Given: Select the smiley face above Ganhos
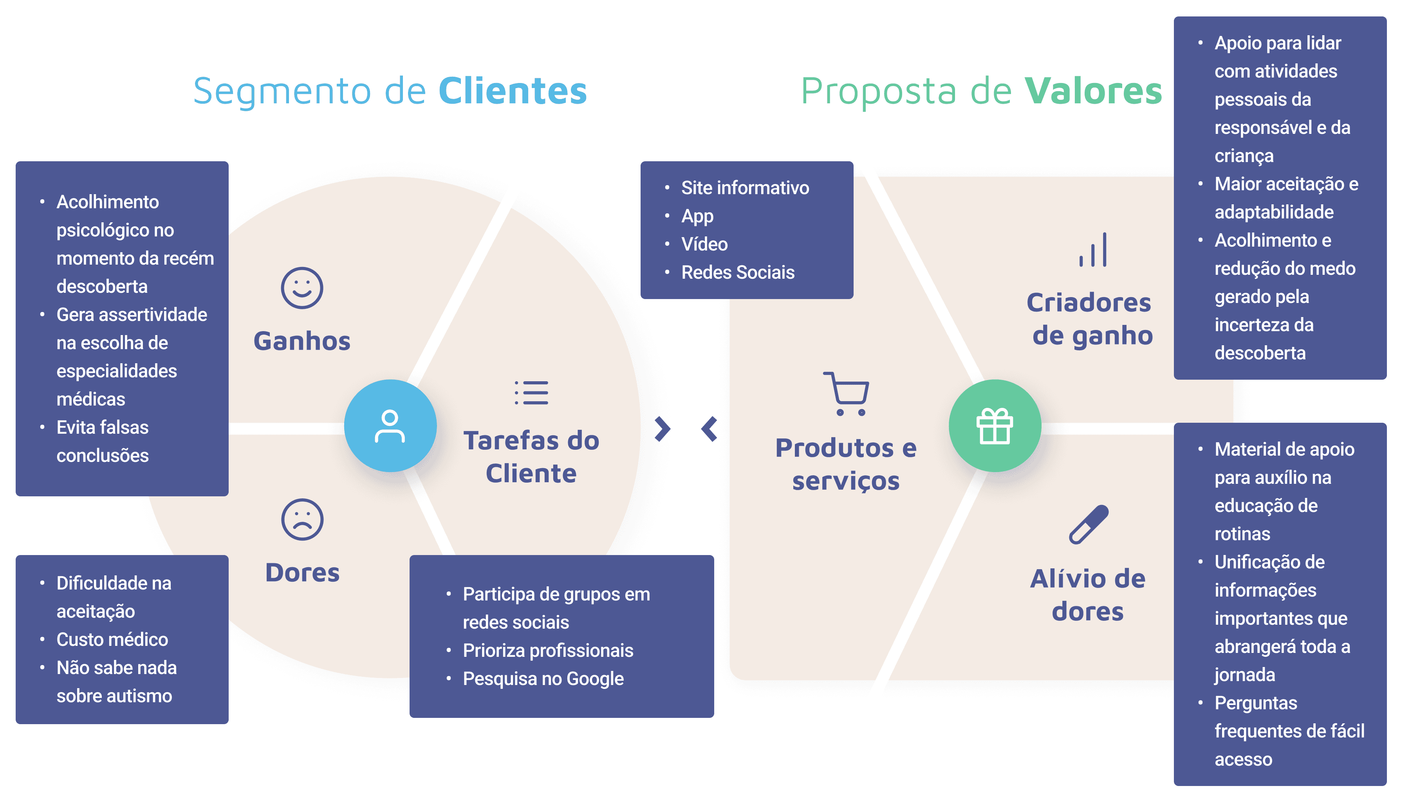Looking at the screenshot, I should click(x=302, y=288).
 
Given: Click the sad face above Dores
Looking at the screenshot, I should click(x=302, y=519).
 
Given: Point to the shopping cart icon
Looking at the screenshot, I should click(x=846, y=393).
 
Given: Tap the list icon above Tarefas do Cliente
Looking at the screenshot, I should click(x=531, y=393).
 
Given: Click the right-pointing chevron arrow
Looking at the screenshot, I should click(x=662, y=429).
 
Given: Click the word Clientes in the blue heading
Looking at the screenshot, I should click(x=513, y=91).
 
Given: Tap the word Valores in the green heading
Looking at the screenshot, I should click(x=1093, y=91).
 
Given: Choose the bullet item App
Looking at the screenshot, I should click(x=697, y=216).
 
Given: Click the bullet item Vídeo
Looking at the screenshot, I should click(x=704, y=244).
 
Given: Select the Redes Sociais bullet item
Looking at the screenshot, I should click(x=737, y=272).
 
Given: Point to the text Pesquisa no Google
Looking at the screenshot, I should click(x=543, y=679).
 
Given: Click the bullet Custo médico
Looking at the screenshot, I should click(x=112, y=640).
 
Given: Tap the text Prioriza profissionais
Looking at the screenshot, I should click(x=548, y=651).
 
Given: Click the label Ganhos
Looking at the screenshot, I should click(x=302, y=341).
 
